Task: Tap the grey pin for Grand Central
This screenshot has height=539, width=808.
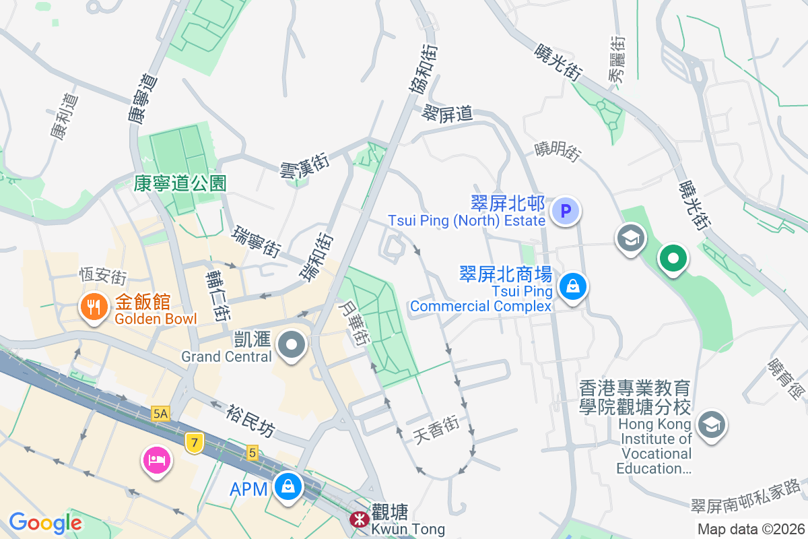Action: pyautogui.click(x=292, y=345)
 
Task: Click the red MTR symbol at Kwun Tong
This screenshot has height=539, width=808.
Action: pyautogui.click(x=358, y=519)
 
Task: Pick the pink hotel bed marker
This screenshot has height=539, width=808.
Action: pyautogui.click(x=156, y=461)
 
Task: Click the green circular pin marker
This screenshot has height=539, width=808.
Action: pyautogui.click(x=672, y=258)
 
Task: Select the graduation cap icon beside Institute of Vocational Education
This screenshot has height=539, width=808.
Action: pyautogui.click(x=710, y=425)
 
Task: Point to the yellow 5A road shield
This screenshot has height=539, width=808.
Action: pyautogui.click(x=160, y=414)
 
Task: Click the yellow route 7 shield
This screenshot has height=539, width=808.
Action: pyautogui.click(x=194, y=442)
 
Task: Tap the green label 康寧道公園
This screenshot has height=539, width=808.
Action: pyautogui.click(x=180, y=183)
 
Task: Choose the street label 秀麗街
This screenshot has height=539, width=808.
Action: pyautogui.click(x=617, y=59)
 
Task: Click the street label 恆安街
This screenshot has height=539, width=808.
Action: pyautogui.click(x=103, y=276)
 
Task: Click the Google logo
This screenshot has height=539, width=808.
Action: pyautogui.click(x=45, y=523)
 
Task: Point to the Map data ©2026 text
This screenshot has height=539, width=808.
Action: pyautogui.click(x=750, y=529)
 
